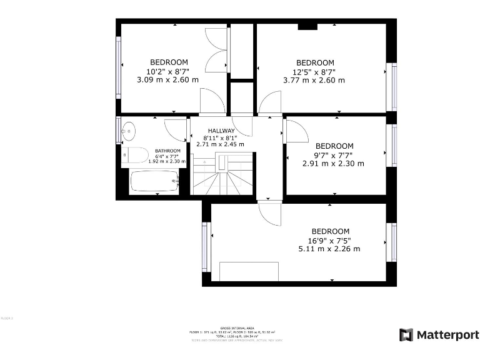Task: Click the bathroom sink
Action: coord(129,131)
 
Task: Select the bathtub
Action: coord(152,181)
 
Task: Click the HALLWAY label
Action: coord(221,131)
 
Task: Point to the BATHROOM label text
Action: coord(167,151)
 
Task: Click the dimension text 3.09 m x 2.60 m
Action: coord(167,79)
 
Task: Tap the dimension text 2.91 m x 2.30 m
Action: coord(333,163)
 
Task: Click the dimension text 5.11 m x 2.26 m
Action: coord(329,249)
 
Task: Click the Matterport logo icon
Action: coord(406,334)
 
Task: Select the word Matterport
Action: coord(447,334)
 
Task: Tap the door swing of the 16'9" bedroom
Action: coord(270,215)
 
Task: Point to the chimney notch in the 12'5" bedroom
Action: coord(306,26)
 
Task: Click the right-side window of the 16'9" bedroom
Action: coord(394,242)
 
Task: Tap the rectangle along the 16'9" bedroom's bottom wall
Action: coord(249,271)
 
